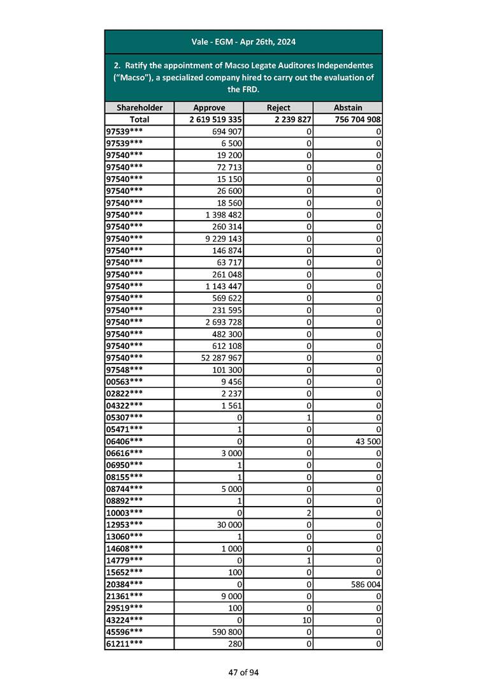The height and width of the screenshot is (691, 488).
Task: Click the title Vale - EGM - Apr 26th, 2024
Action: pyautogui.click(x=243, y=42)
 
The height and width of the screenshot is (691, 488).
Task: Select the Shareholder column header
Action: pyautogui.click(x=139, y=108)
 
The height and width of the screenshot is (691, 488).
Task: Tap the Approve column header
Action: pyautogui.click(x=208, y=108)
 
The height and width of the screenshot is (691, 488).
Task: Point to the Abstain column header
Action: pyautogui.click(x=347, y=108)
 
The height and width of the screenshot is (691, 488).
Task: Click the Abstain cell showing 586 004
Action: pyautogui.click(x=364, y=584)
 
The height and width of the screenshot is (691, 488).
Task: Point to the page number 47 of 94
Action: pyautogui.click(x=243, y=672)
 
